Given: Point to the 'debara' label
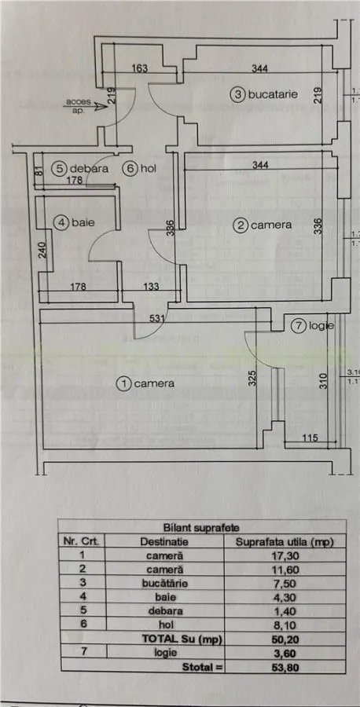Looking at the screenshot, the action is [90, 169].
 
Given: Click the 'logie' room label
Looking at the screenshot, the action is [324, 325].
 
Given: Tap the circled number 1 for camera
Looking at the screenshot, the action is [123, 384].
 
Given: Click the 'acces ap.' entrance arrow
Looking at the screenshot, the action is [84, 108].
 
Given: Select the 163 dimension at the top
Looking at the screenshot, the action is [140, 68].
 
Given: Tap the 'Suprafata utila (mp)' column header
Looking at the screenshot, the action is [285, 542].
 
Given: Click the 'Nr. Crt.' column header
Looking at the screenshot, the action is [83, 541].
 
